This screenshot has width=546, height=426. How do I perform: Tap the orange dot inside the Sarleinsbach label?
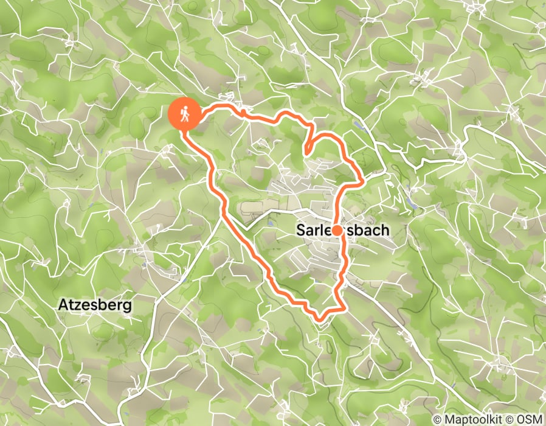336,231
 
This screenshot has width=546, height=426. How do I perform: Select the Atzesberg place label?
95,305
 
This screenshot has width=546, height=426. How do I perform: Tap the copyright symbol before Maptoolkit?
438,419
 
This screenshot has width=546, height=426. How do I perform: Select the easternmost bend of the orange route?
364,180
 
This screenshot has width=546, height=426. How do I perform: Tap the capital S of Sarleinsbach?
301,231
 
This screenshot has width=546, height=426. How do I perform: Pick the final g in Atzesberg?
127,306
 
